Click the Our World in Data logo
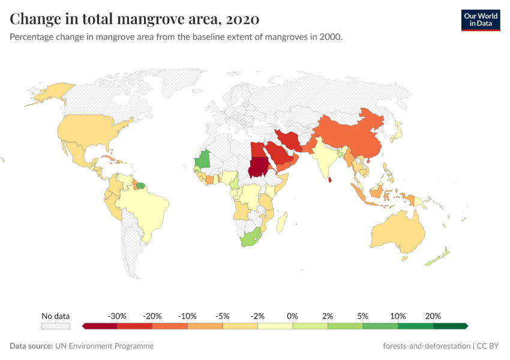(x=480, y=20)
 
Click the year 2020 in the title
(x=243, y=19)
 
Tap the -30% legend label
(x=116, y=316)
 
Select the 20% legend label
(x=433, y=316)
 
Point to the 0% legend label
(x=292, y=316)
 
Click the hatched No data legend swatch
(x=56, y=326)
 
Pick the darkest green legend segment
(x=450, y=326)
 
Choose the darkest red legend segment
(x=100, y=326)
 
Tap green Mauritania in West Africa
(x=204, y=159)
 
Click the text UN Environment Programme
(x=104, y=346)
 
